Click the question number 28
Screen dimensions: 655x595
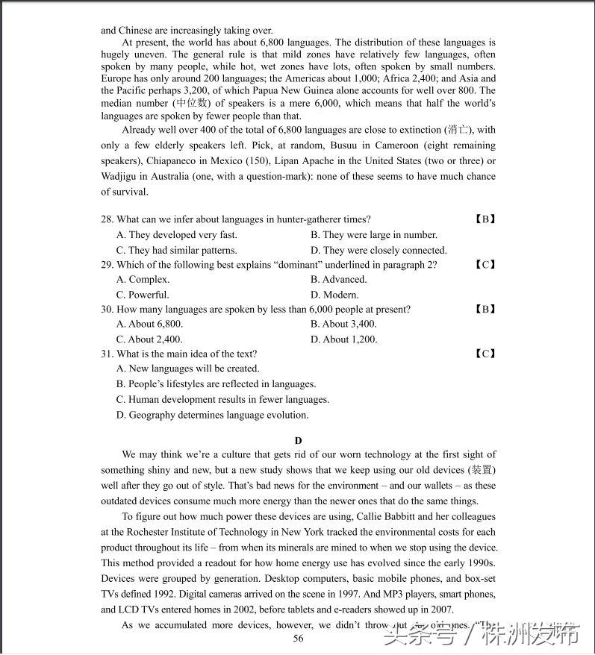(x=107, y=219)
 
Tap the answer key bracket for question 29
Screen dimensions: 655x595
(x=485, y=265)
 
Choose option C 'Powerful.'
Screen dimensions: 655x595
(x=143, y=295)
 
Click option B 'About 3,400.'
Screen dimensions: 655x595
(x=343, y=325)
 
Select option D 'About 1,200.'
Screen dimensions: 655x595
(x=343, y=339)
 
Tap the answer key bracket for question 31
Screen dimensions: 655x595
(x=485, y=354)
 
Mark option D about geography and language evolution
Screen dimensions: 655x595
(x=212, y=416)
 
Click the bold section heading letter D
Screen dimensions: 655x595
(x=299, y=441)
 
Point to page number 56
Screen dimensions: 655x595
(x=298, y=639)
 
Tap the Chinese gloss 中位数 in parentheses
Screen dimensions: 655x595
(x=190, y=104)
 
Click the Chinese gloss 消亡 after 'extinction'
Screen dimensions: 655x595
(x=461, y=130)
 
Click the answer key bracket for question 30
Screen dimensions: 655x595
(x=485, y=310)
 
